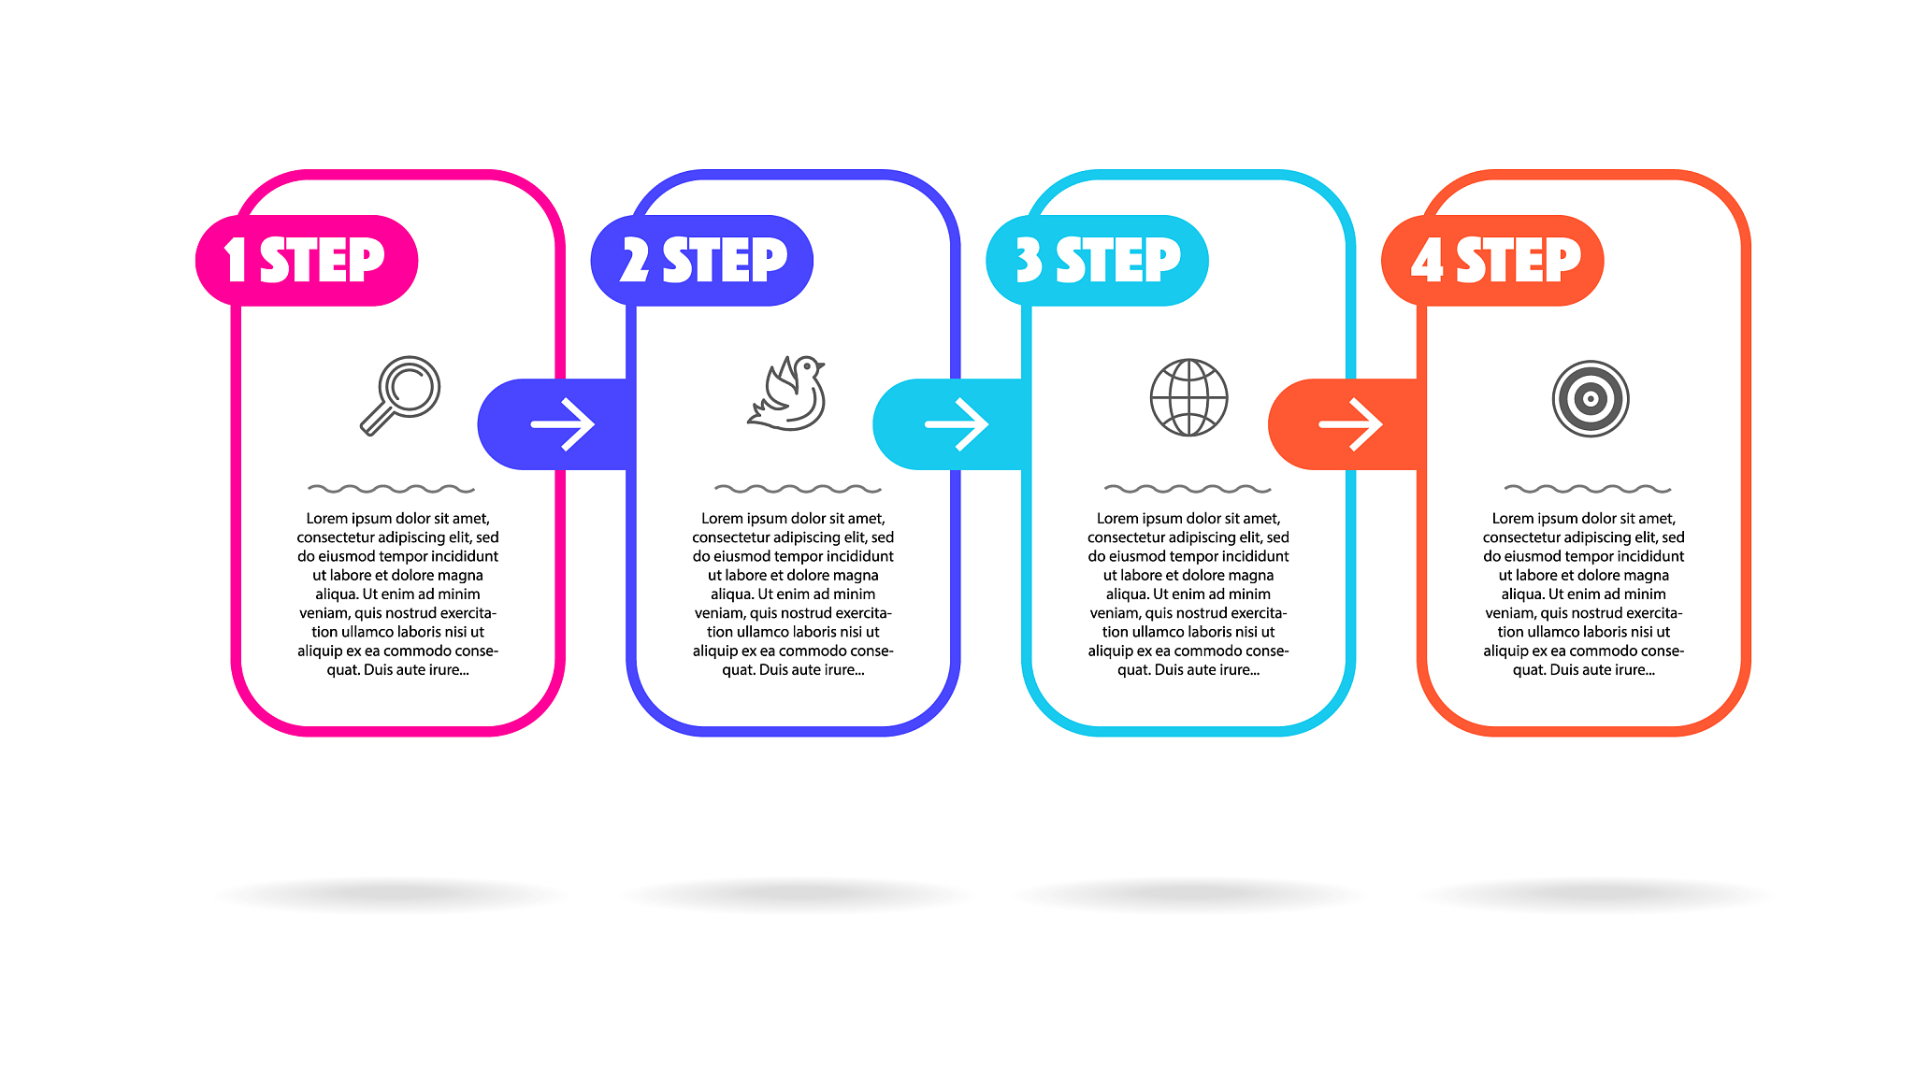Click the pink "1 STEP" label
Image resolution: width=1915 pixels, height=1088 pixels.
click(x=305, y=260)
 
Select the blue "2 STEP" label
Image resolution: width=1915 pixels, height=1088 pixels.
click(x=703, y=260)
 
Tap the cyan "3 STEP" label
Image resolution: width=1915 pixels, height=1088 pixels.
click(x=1098, y=260)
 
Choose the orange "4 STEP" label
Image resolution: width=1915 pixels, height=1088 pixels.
click(x=1496, y=260)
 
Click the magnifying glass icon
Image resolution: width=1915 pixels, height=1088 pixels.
click(x=400, y=395)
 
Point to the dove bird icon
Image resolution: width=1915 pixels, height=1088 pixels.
click(x=786, y=394)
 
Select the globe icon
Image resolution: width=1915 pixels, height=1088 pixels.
click(x=1188, y=397)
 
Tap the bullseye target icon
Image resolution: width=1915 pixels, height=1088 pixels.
click(x=1591, y=398)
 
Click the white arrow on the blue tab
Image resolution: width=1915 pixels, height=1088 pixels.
click(x=563, y=424)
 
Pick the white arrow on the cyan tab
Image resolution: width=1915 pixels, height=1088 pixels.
click(x=957, y=424)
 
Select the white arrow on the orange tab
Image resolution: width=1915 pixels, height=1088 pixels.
click(x=1351, y=424)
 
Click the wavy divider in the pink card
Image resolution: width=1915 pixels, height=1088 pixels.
click(x=391, y=489)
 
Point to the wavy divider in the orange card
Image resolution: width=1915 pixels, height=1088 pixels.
click(x=1588, y=489)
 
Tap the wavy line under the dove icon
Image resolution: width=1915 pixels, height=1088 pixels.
click(x=798, y=489)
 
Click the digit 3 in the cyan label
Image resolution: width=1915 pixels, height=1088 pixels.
click(x=1029, y=260)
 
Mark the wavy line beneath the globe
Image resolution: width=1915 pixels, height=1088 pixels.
click(x=1188, y=489)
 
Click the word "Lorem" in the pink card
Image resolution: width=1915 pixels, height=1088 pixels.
click(x=327, y=519)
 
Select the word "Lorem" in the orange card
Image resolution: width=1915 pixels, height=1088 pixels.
click(x=1513, y=519)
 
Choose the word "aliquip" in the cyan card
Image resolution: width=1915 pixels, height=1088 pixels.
click(x=1111, y=651)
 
